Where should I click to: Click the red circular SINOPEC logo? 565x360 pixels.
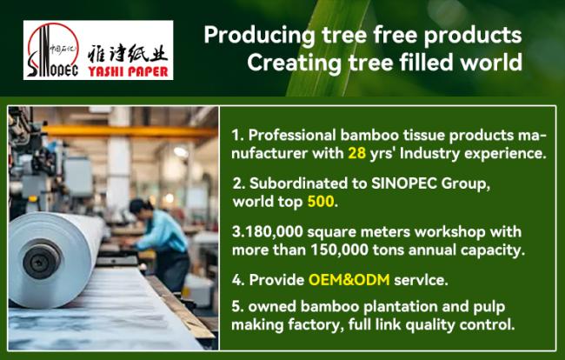(53, 50)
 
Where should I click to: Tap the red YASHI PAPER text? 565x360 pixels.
(129, 71)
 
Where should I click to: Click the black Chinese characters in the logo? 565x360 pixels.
(128, 53)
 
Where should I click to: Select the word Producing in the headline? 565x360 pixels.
(259, 36)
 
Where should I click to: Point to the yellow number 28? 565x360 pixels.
(356, 154)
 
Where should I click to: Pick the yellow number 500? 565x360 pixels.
(321, 202)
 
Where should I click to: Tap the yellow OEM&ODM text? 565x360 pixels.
(349, 280)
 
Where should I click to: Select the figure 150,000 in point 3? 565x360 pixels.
(339, 250)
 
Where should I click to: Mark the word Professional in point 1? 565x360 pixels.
(292, 135)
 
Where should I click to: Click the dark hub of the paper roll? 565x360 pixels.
(42, 261)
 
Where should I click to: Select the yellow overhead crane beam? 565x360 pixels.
(130, 132)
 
